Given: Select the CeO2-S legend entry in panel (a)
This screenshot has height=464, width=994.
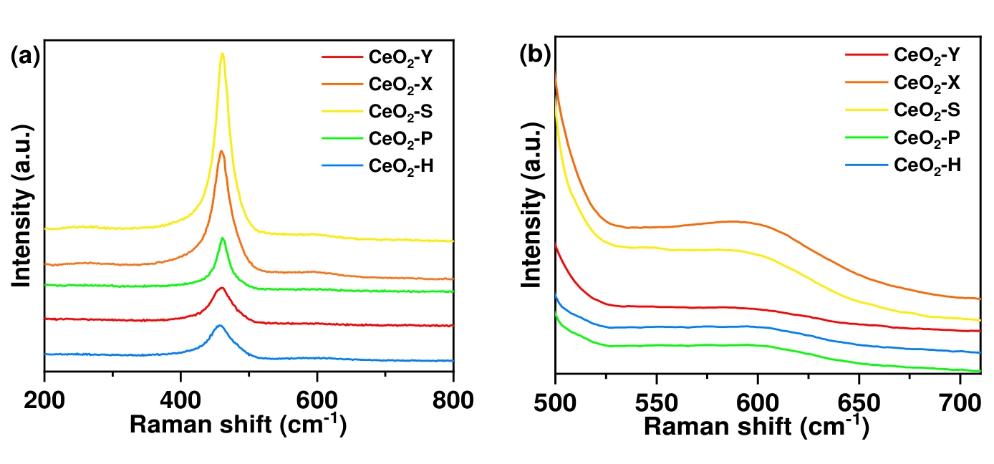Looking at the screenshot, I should (x=401, y=112).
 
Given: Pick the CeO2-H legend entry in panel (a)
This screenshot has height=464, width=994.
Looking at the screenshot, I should (x=401, y=167).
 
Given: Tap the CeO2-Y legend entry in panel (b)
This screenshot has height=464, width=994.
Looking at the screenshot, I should (x=927, y=54).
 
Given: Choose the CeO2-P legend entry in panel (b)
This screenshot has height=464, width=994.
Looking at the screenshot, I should (x=927, y=137).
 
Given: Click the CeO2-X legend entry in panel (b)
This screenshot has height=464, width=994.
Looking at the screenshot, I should (x=927, y=82).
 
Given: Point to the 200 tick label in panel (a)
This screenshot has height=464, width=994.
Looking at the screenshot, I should (x=45, y=400).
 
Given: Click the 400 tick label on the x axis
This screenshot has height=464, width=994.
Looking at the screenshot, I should (x=180, y=400).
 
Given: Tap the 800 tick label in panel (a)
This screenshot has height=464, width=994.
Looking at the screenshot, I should (x=453, y=400).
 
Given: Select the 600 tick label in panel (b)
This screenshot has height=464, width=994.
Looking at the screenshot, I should (x=758, y=400).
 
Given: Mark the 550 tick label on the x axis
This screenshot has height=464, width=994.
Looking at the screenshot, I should (x=656, y=400).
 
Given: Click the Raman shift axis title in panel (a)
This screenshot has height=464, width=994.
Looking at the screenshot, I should (x=238, y=425).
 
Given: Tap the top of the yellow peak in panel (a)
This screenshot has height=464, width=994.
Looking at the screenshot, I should (x=222, y=54).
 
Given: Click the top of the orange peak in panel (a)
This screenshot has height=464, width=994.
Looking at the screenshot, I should (x=222, y=151).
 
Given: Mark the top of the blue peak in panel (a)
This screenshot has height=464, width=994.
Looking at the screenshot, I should (x=220, y=326).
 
